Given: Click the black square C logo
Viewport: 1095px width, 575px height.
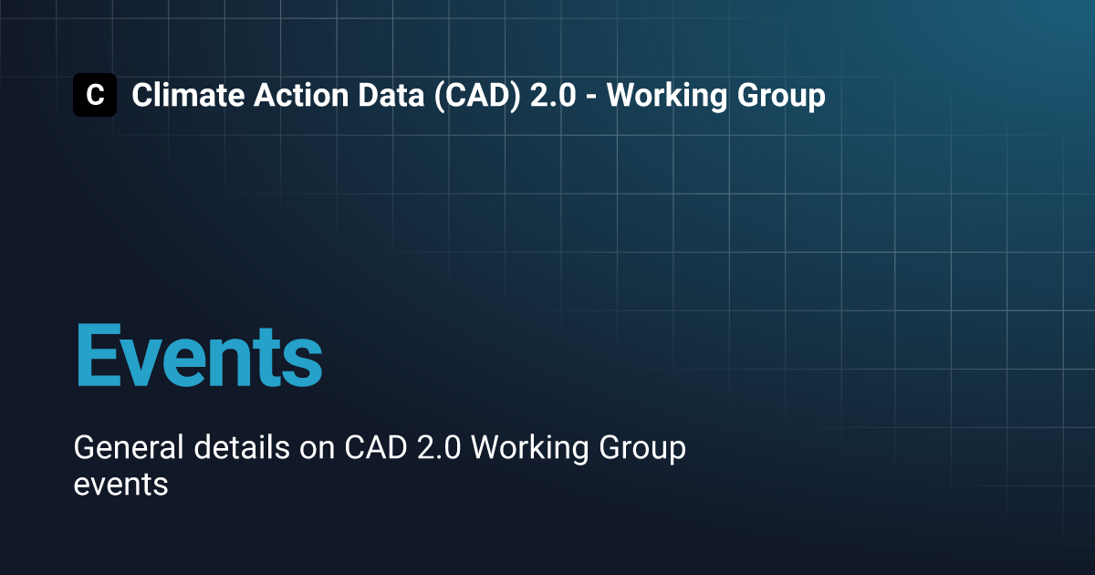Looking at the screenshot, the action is [x=95, y=95].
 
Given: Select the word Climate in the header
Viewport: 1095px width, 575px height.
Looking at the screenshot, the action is [x=188, y=95].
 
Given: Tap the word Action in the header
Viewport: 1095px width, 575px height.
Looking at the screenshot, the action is [x=301, y=95].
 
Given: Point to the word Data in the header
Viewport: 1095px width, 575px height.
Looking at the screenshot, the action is [x=391, y=95].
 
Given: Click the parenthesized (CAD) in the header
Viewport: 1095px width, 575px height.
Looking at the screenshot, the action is [x=477, y=96].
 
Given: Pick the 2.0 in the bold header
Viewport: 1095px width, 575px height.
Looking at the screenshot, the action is [x=553, y=95].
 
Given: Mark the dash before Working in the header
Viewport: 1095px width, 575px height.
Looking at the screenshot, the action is [x=591, y=98].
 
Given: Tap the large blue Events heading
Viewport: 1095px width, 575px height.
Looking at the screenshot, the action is [x=199, y=355].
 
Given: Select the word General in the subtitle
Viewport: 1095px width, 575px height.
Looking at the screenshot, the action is [x=129, y=447].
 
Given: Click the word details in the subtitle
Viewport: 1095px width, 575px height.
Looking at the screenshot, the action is [x=242, y=447].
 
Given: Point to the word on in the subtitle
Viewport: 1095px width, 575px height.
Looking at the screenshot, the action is [x=318, y=450].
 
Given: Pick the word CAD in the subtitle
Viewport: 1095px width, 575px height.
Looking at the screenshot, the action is [x=376, y=447].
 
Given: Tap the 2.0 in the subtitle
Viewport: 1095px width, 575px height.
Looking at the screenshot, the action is [x=439, y=447].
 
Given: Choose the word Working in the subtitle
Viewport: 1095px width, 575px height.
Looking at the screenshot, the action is [x=530, y=448].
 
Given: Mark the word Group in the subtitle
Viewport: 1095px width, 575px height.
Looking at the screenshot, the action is [x=642, y=449].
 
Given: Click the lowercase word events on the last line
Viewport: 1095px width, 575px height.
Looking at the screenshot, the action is [x=120, y=486].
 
